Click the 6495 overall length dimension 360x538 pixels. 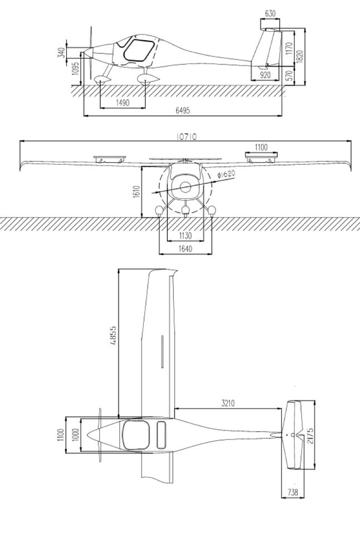[x=183, y=111]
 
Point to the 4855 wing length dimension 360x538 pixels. [x=114, y=336]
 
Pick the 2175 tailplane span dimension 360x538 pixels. [x=310, y=435]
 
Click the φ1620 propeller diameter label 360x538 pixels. [x=226, y=175]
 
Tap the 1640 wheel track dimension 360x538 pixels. [x=186, y=249]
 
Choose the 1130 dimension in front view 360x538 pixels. [x=186, y=235]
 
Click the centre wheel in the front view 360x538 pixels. [x=186, y=211]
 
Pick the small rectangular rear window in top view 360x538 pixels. [x=161, y=434]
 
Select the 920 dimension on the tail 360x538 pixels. [x=266, y=74]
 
